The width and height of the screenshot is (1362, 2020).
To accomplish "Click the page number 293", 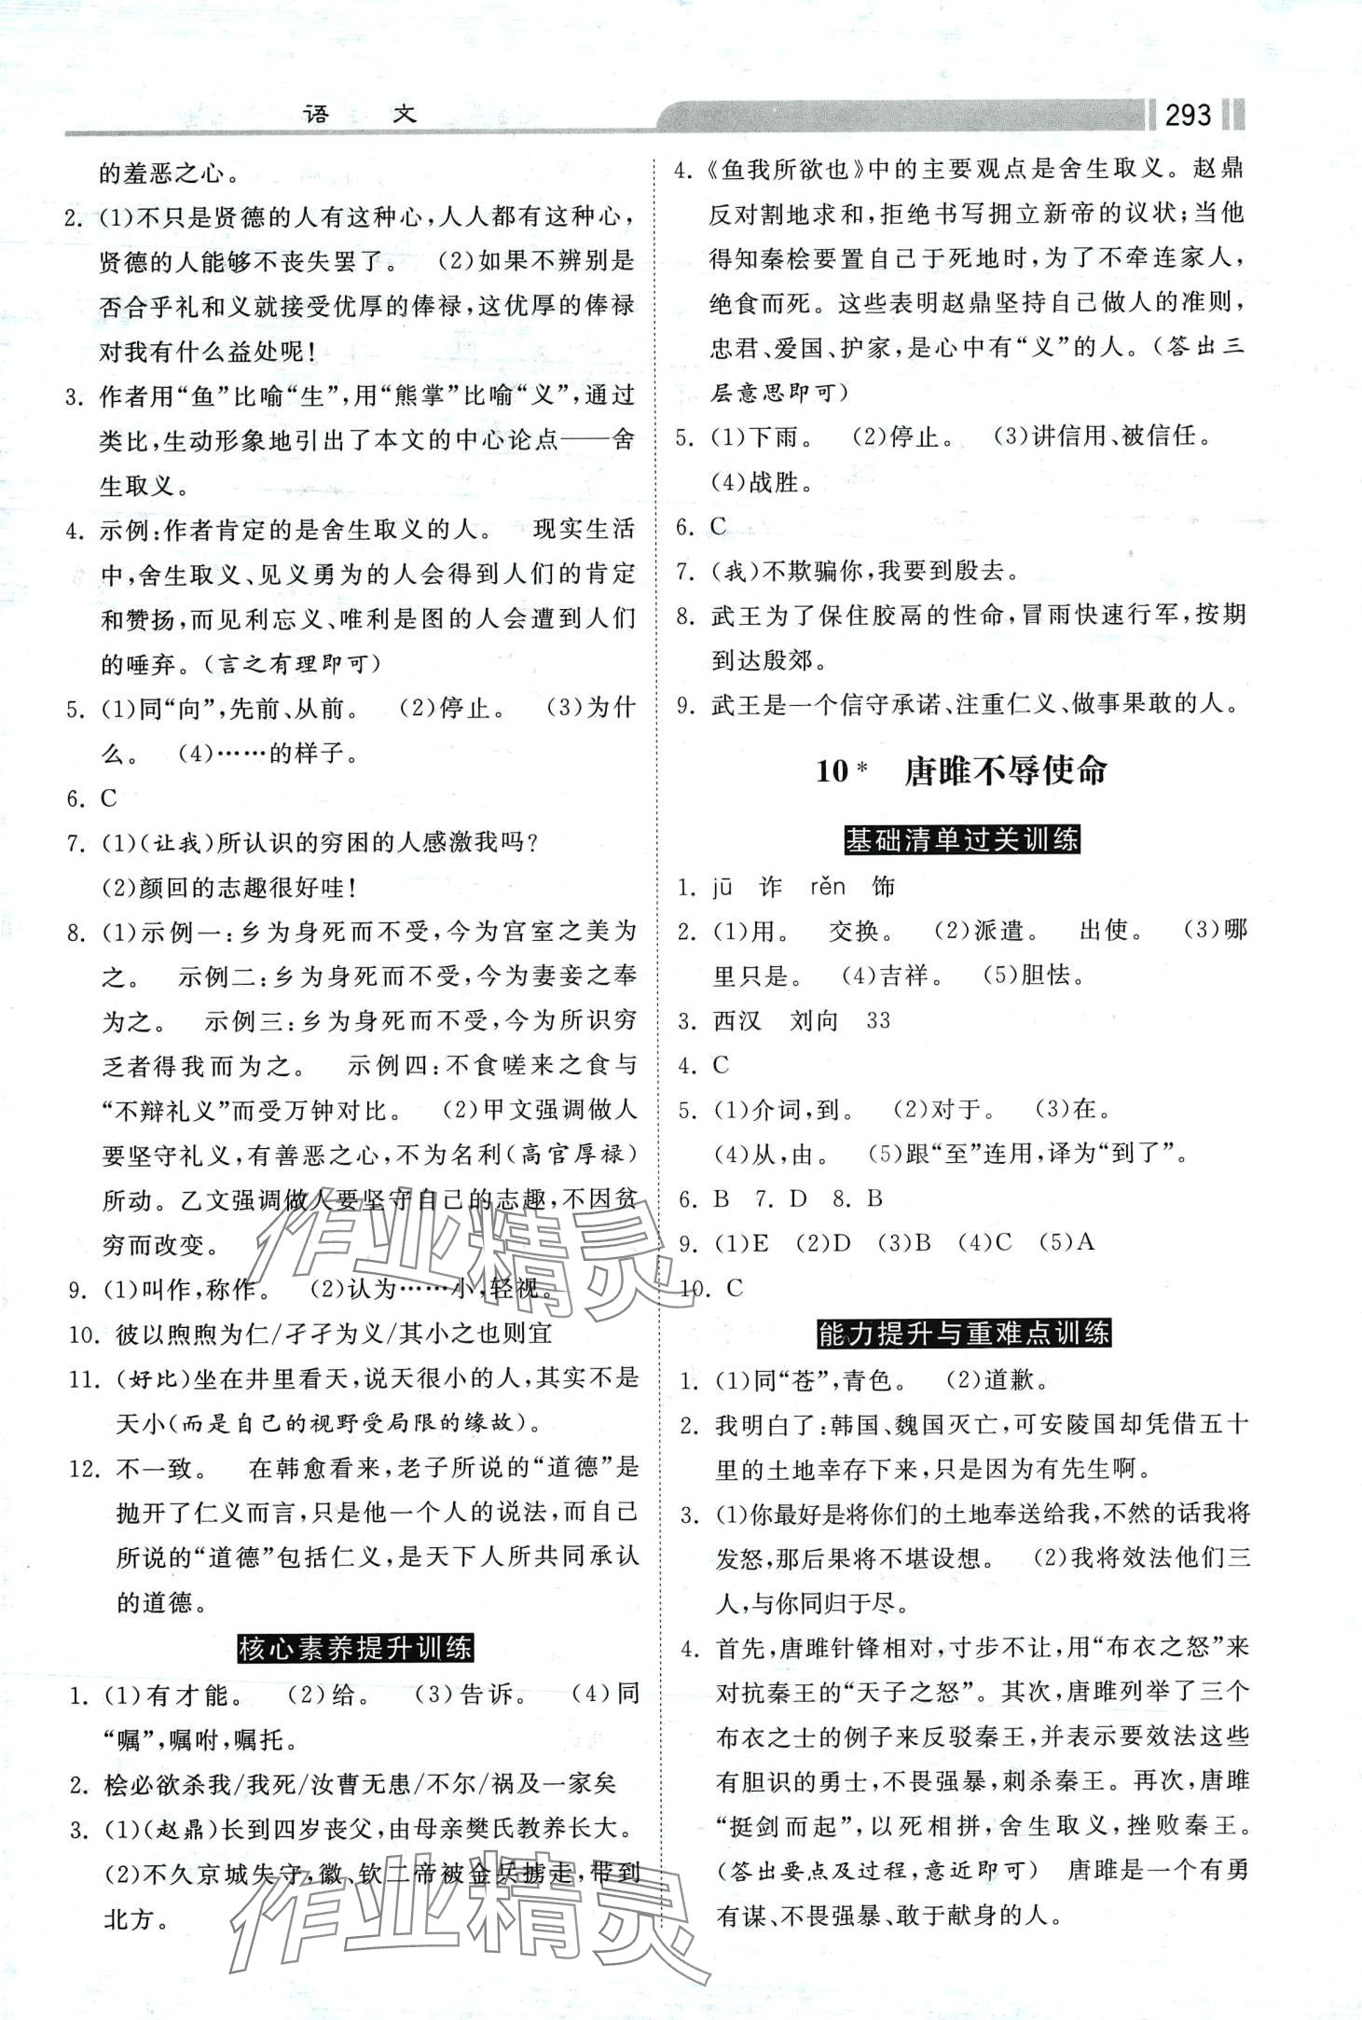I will pyautogui.click(x=1188, y=115).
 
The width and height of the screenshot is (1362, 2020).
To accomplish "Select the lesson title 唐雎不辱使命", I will pyautogui.click(x=1005, y=770).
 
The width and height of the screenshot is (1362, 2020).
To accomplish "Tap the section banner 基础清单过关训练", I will pyautogui.click(x=961, y=839).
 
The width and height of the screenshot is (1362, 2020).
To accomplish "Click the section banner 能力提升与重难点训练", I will pyautogui.click(x=964, y=1334).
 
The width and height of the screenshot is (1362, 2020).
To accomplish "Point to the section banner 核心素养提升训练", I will pyautogui.click(x=355, y=1648).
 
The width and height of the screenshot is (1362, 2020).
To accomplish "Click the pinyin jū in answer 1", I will pyautogui.click(x=723, y=886).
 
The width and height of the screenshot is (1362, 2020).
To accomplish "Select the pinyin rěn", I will pyautogui.click(x=828, y=886).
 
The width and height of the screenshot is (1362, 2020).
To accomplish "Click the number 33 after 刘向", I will pyautogui.click(x=878, y=1020).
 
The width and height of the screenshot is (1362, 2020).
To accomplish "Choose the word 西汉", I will pyautogui.click(x=737, y=1020).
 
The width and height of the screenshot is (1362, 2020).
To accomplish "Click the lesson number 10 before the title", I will pyautogui.click(x=832, y=771).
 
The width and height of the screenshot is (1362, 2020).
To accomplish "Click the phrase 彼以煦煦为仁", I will pyautogui.click(x=194, y=1334).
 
